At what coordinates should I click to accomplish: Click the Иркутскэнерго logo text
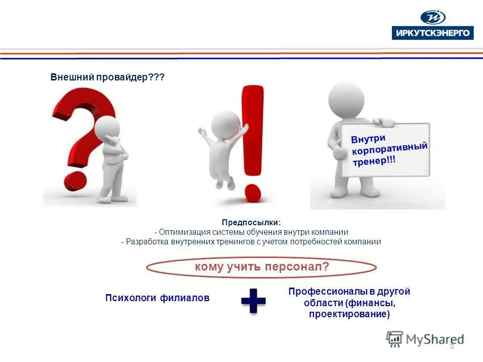pyautogui.click(x=432, y=33)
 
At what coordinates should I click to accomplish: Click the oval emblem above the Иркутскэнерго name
pyautogui.click(x=433, y=17)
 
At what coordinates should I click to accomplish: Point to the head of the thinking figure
pyautogui.click(x=108, y=126)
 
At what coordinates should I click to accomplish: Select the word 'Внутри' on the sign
pyautogui.click(x=368, y=138)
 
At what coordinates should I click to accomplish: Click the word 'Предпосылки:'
pyautogui.click(x=252, y=222)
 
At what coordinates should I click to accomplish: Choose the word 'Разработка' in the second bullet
pyautogui.click(x=148, y=241)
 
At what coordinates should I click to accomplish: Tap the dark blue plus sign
pyautogui.click(x=253, y=301)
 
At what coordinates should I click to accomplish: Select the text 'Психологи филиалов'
pyautogui.click(x=157, y=298)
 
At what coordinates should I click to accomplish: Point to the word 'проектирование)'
pyautogui.click(x=350, y=314)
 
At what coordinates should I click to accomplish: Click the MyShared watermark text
pyautogui.click(x=435, y=339)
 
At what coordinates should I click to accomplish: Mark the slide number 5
pyautogui.click(x=451, y=346)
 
